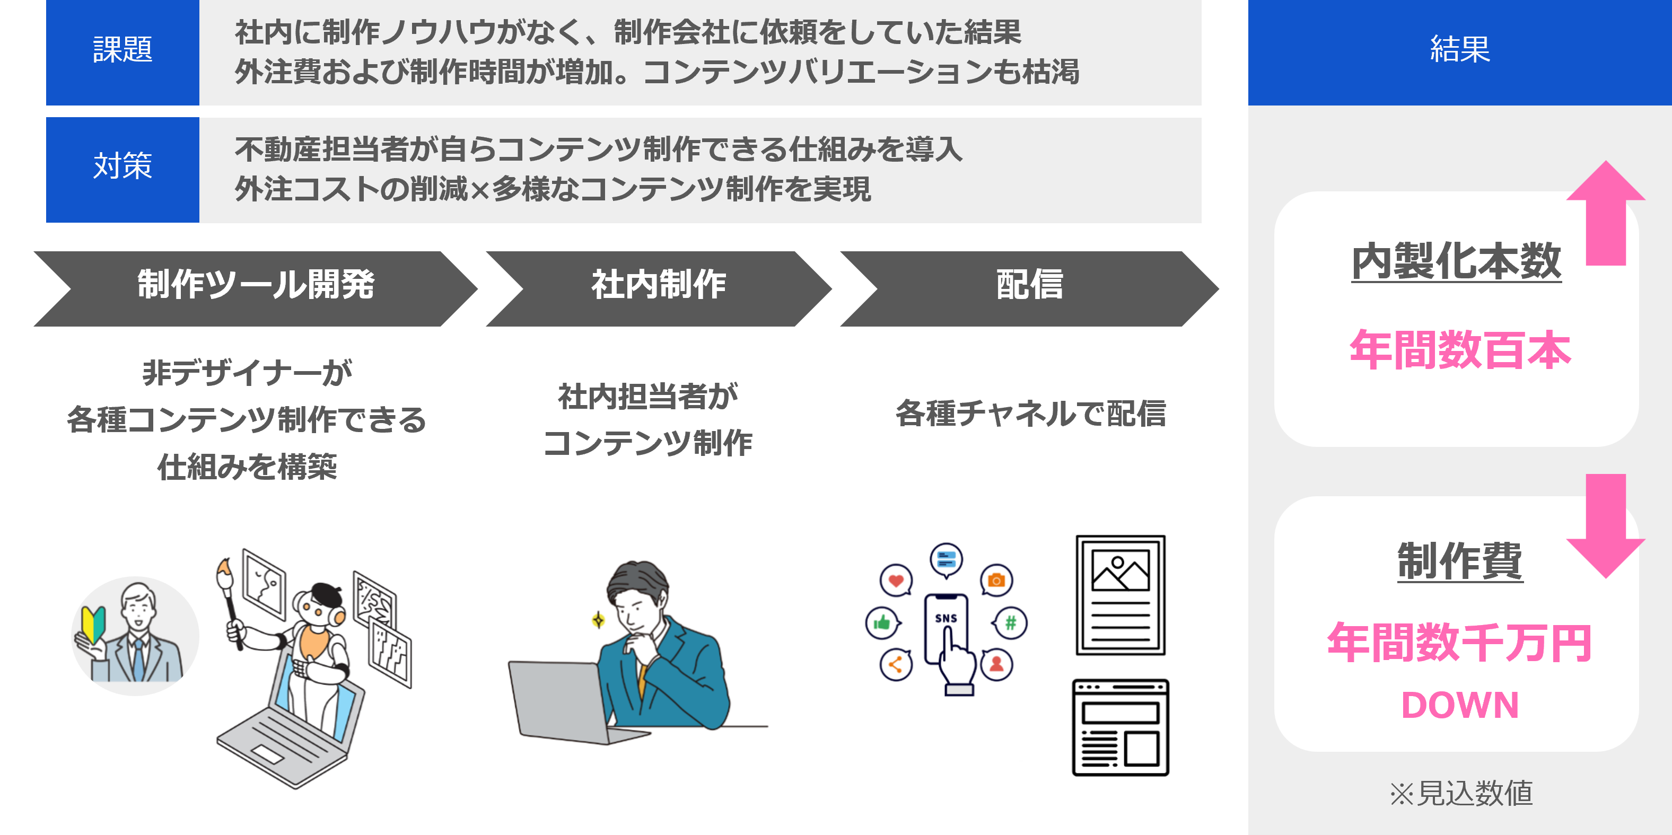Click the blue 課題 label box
pos(122,52)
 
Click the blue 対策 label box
pos(122,169)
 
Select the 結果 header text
pos(1460,49)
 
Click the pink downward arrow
pos(1606,525)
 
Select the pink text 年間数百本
pos(1460,350)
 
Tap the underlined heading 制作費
pos(1460,561)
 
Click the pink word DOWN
pos(1460,705)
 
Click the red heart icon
pos(896,581)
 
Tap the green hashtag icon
pos(1010,623)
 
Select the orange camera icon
pos(996,580)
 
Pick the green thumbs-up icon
pos(881,623)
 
